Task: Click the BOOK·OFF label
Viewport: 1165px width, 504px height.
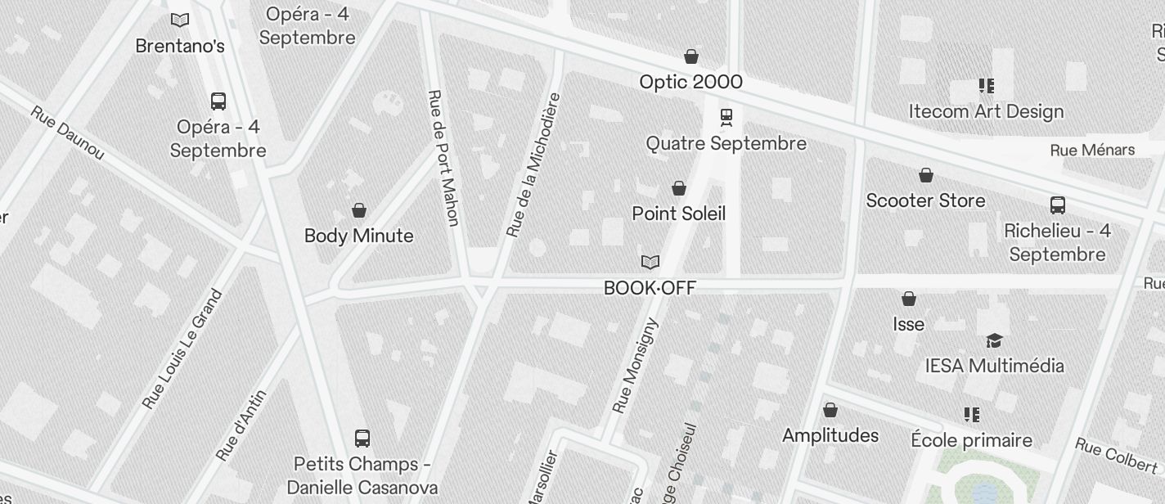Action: point(650,288)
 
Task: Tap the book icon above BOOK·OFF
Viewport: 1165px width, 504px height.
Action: point(650,263)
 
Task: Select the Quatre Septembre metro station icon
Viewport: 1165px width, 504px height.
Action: point(726,118)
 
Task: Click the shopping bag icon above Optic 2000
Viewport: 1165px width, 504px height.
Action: point(691,56)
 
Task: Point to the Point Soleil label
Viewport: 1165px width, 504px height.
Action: point(678,214)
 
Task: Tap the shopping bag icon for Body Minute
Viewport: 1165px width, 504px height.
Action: point(358,211)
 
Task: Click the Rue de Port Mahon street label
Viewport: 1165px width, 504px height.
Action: point(443,157)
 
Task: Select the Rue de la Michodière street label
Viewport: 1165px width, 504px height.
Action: point(533,164)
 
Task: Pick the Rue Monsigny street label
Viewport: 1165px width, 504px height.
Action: point(635,365)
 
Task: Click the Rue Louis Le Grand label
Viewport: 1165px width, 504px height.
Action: point(182,349)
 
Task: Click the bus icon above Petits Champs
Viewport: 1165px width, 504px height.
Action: point(362,438)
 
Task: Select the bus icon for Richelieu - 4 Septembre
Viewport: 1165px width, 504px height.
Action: point(1057,205)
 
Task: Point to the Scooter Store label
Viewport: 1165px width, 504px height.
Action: point(925,200)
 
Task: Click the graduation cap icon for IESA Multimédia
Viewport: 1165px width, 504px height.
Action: point(994,340)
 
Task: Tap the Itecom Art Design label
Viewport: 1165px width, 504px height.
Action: point(986,111)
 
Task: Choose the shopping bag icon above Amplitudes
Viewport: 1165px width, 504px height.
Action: point(830,410)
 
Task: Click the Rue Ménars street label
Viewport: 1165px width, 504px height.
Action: point(1092,150)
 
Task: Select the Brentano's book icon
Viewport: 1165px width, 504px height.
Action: point(179,20)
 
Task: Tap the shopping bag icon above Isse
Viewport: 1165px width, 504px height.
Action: point(908,299)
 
